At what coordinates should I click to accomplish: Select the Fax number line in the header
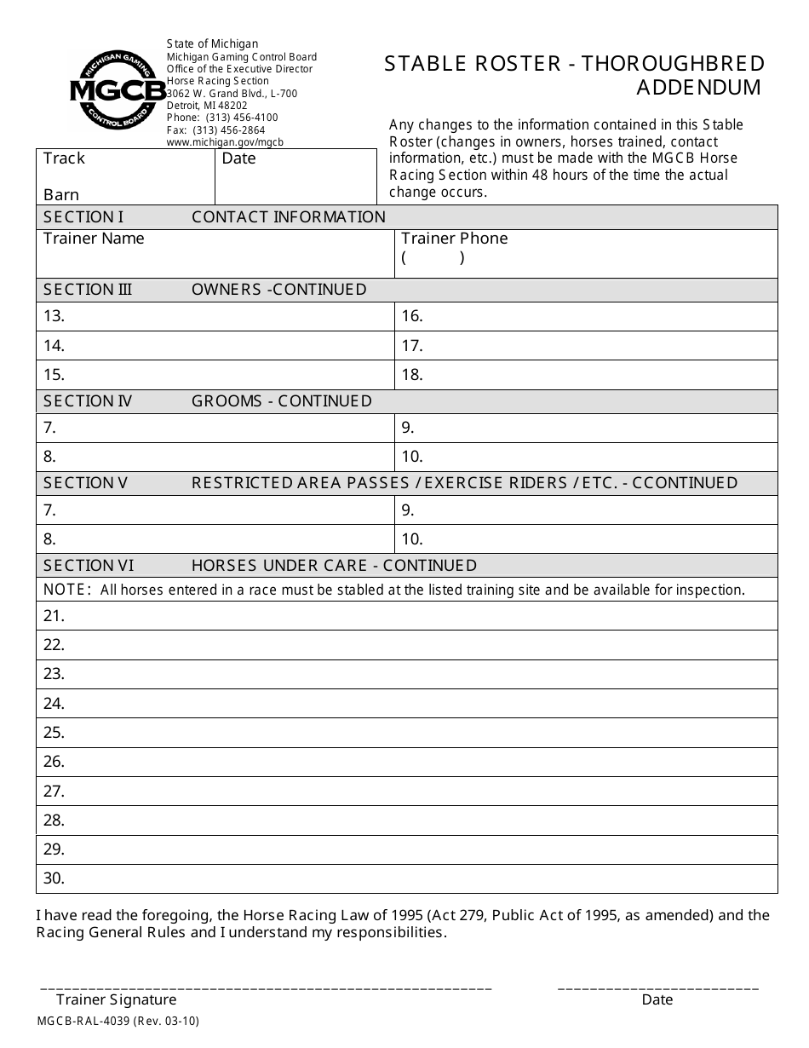pos(216,130)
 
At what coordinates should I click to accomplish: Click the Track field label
pos(64,158)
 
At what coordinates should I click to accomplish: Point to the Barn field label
pos(61,195)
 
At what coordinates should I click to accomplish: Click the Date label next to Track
pos(238,158)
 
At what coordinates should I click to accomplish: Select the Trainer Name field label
pos(94,239)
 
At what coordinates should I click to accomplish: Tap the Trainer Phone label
pos(454,239)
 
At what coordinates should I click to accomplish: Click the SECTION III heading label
pos(88,290)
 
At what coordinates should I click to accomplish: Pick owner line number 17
pos(412,346)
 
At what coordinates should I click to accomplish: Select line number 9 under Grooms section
pos(408,429)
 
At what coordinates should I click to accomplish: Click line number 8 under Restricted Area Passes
pos(49,539)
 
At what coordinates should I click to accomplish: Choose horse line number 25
pos(54,733)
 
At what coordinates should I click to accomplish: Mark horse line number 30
pos(54,878)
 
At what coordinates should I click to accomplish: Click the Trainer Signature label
pos(117,1000)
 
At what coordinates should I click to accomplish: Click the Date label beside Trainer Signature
pos(657,1000)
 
